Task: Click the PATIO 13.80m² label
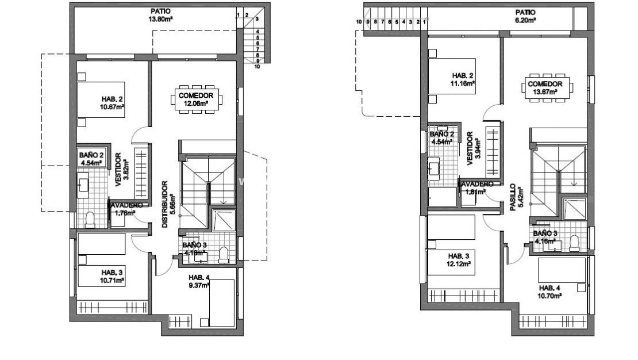click(160, 14)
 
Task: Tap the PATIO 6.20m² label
click(525, 16)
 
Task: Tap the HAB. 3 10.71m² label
click(112, 276)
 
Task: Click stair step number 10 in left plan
click(257, 67)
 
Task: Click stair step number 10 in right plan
click(359, 22)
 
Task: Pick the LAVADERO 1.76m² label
click(125, 209)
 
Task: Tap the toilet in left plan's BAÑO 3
click(224, 254)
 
